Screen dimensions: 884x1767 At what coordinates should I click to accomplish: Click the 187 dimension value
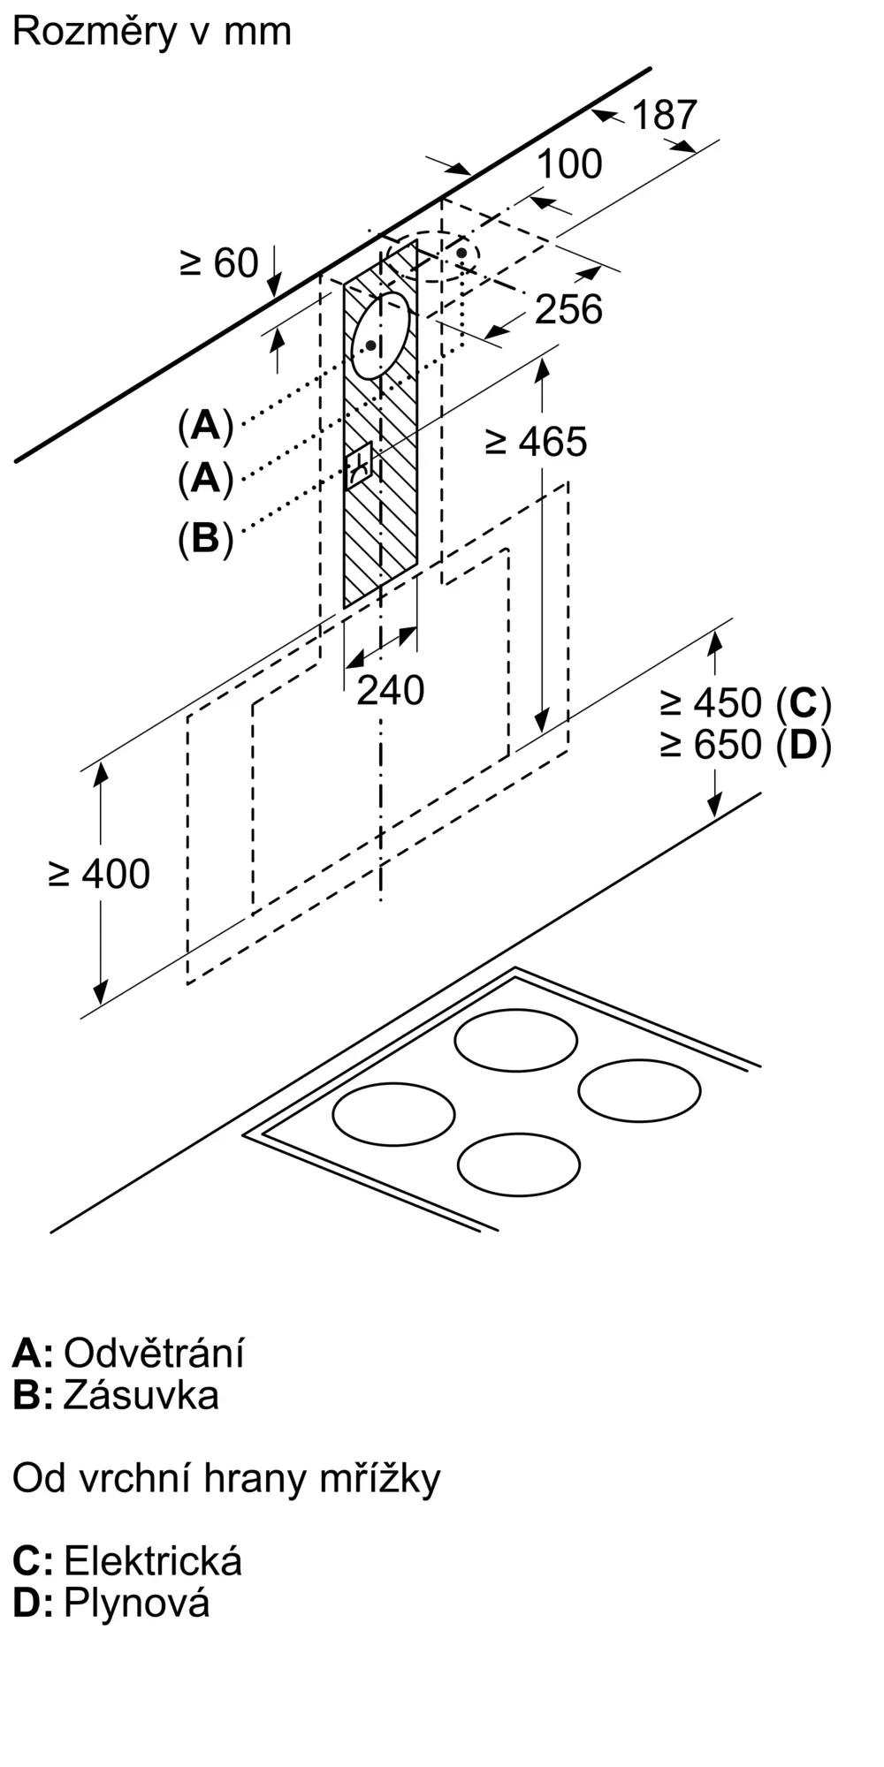point(665,115)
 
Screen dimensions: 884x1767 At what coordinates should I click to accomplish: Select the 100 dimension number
point(569,163)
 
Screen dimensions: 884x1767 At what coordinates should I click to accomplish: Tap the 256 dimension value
point(569,309)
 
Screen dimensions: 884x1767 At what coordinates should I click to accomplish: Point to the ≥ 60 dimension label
point(219,262)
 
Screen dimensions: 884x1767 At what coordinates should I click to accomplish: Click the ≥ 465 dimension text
point(537,442)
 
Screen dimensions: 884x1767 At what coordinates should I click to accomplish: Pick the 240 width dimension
point(391,690)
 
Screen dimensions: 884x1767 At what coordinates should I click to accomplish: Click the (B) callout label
point(205,538)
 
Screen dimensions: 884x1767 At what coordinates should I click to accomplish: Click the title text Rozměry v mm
point(152,32)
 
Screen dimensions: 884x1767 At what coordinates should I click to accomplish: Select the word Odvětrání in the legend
point(154,1353)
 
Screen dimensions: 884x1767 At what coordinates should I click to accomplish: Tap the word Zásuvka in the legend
point(141,1395)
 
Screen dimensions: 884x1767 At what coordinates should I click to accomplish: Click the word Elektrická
point(153,1561)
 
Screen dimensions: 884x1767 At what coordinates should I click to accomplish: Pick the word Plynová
point(137,1603)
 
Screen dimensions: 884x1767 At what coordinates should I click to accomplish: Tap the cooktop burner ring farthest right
point(640,1090)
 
